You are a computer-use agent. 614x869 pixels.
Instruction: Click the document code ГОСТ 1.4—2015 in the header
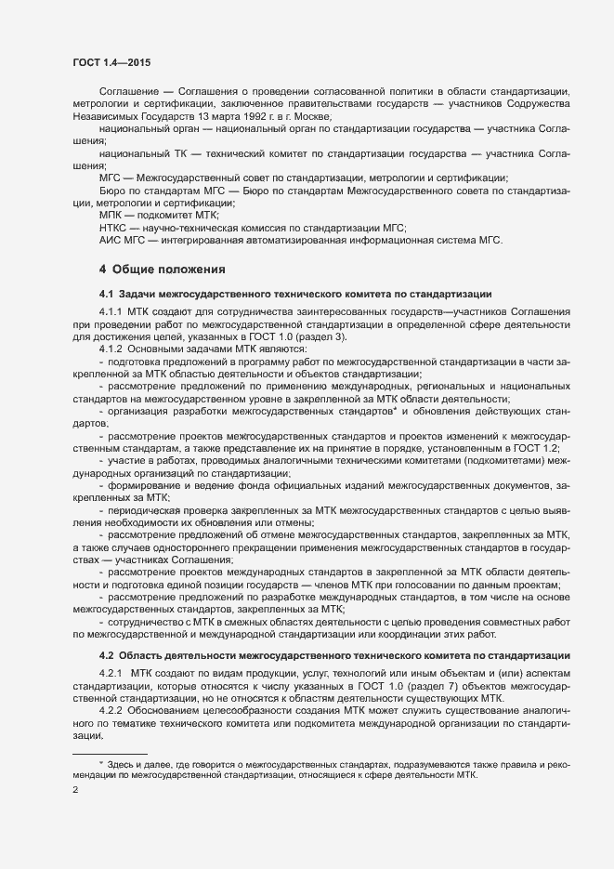tap(111, 62)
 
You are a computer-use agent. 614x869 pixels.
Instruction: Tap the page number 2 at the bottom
tap(75, 790)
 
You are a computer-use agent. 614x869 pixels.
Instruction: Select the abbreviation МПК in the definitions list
tap(112, 215)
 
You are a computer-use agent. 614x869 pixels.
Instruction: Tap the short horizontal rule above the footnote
tap(110, 753)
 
